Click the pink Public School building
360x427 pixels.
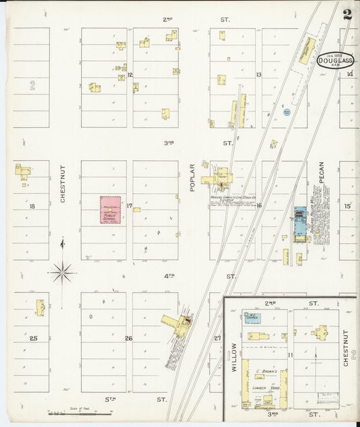pos(111,209)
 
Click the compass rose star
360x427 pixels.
pos(62,272)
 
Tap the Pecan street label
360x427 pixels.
pos(322,174)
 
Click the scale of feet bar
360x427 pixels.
pos(80,413)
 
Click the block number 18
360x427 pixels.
pos(32,206)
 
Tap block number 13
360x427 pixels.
pos(258,75)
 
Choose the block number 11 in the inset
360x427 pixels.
pos(290,354)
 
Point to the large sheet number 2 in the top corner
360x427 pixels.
pos(346,15)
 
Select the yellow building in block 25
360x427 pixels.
pos(40,307)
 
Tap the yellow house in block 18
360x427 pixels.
pos(24,171)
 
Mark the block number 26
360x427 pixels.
pos(129,338)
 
